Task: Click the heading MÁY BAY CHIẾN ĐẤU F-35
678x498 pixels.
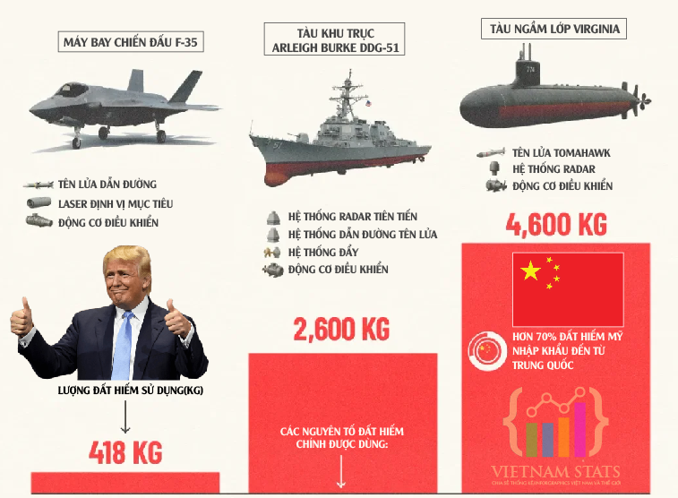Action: [130, 42]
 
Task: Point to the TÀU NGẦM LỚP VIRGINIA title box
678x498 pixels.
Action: [554, 29]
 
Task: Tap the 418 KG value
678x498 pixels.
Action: [125, 452]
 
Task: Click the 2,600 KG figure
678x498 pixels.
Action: [341, 330]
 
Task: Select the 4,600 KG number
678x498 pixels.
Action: [556, 223]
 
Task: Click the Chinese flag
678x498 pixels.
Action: [567, 288]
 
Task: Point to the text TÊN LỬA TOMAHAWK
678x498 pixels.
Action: [562, 153]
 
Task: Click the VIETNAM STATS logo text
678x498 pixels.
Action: [555, 471]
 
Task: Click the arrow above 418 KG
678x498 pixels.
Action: [125, 416]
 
